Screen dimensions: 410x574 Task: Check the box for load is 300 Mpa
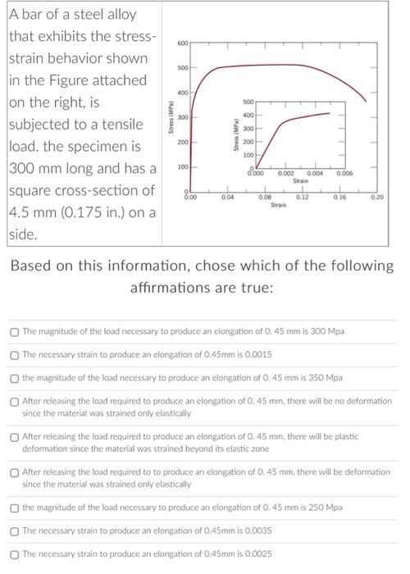coord(15,330)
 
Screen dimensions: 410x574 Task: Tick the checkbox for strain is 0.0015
coord(15,354)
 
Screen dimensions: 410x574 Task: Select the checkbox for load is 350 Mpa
coord(15,378)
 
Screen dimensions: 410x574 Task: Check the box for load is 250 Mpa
coord(15,508)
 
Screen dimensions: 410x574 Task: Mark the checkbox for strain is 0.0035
coord(15,531)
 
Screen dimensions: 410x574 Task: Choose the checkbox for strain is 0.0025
coord(15,555)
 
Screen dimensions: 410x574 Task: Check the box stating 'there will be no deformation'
coord(15,402)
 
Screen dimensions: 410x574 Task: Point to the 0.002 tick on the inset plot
coord(285,174)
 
